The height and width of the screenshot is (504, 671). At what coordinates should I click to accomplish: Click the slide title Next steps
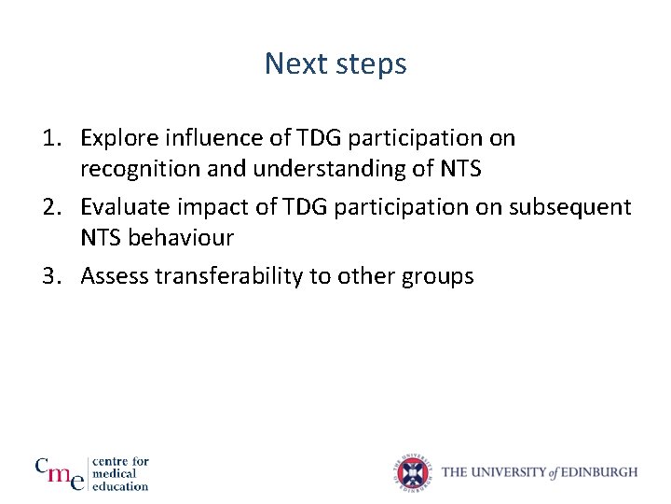pyautogui.click(x=335, y=63)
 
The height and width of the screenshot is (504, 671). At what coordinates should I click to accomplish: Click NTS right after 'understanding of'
pyautogui.click(x=459, y=169)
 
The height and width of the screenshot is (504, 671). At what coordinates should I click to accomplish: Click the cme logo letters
pyautogui.click(x=60, y=472)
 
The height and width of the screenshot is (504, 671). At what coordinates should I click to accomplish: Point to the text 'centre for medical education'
pyautogui.click(x=120, y=473)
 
